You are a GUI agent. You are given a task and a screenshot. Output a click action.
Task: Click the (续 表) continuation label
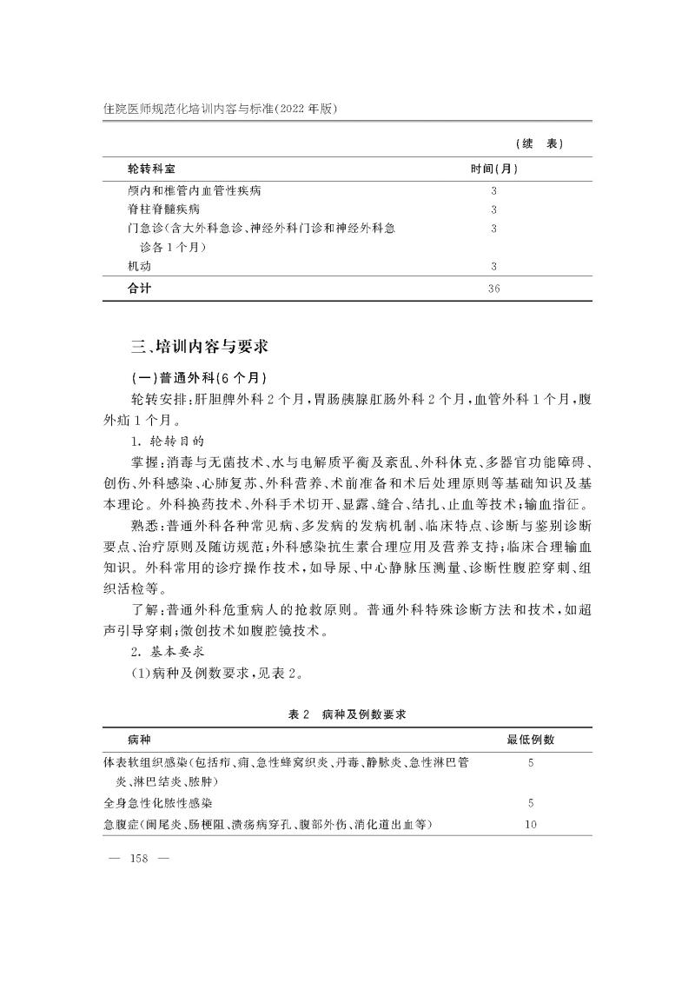(x=539, y=143)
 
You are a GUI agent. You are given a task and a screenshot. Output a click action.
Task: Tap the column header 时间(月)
(x=493, y=168)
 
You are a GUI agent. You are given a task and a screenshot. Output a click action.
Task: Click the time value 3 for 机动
(x=493, y=267)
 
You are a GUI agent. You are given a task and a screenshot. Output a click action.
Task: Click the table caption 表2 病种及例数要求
(x=347, y=714)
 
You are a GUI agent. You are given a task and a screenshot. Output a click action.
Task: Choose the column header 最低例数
(x=531, y=740)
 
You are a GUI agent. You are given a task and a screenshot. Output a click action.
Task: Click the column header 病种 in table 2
(x=139, y=740)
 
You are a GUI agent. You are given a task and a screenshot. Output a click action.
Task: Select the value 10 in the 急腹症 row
(x=531, y=823)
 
